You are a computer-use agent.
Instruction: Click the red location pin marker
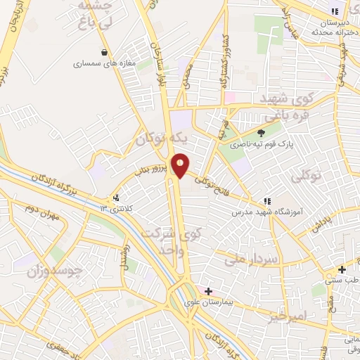(181, 165)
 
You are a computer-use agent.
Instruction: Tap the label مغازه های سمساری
(103, 63)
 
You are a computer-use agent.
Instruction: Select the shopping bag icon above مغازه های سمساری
(105, 51)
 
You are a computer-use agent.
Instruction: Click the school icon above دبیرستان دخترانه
(335, 11)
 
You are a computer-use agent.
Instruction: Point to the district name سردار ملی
(254, 259)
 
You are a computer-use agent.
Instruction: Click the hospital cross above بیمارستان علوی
(208, 290)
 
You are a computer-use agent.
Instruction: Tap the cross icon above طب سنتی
(342, 270)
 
